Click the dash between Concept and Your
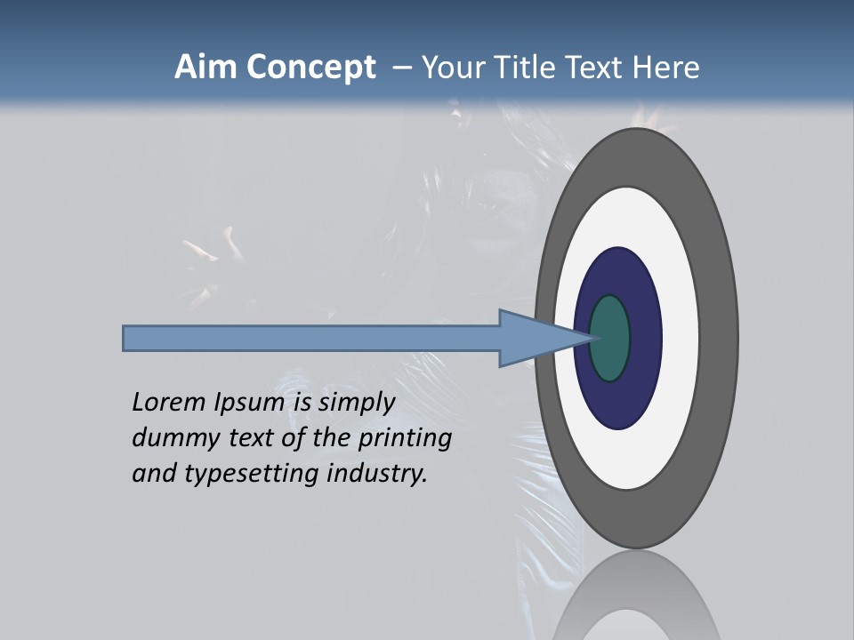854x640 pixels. (x=401, y=68)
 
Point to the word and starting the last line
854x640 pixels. (x=153, y=474)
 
